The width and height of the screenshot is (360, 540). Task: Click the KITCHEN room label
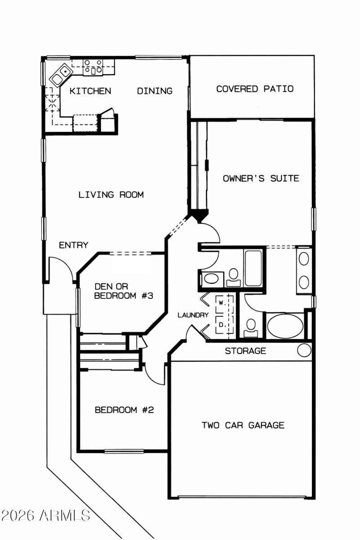pos(90,91)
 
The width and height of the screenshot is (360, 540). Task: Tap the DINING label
pos(154,91)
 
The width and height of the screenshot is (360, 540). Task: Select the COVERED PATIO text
pos(255,89)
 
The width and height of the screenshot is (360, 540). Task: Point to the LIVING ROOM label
pos(111,195)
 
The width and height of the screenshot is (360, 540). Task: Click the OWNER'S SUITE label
pos(261,178)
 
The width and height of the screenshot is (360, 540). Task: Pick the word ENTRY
pos(74,245)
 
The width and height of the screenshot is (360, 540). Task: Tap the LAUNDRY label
pos(193,315)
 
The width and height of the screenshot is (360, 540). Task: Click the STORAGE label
pos(245,351)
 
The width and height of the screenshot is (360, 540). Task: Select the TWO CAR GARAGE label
pos(243,425)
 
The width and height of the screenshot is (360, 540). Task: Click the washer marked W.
pos(222,303)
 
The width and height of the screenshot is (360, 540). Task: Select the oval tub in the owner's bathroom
pos(285,326)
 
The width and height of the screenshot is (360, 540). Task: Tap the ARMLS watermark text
pos(45,516)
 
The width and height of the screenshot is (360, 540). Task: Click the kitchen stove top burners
pos(93,67)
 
